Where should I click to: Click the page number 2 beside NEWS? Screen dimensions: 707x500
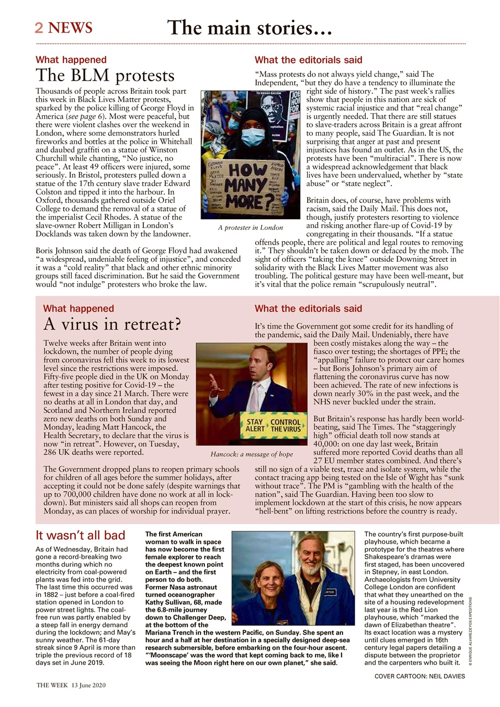[39, 28]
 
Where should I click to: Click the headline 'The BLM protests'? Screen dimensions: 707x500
[104, 76]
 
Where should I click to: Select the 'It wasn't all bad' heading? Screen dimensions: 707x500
[80, 535]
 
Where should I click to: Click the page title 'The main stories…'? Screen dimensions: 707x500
[249, 27]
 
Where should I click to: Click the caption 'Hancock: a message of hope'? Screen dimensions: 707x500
[251, 454]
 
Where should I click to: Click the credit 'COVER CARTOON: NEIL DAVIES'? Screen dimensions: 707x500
[419, 676]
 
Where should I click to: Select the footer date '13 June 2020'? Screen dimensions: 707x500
[92, 685]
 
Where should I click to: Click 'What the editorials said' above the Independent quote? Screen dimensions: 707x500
[308, 60]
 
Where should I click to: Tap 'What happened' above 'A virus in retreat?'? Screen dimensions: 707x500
[78, 309]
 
